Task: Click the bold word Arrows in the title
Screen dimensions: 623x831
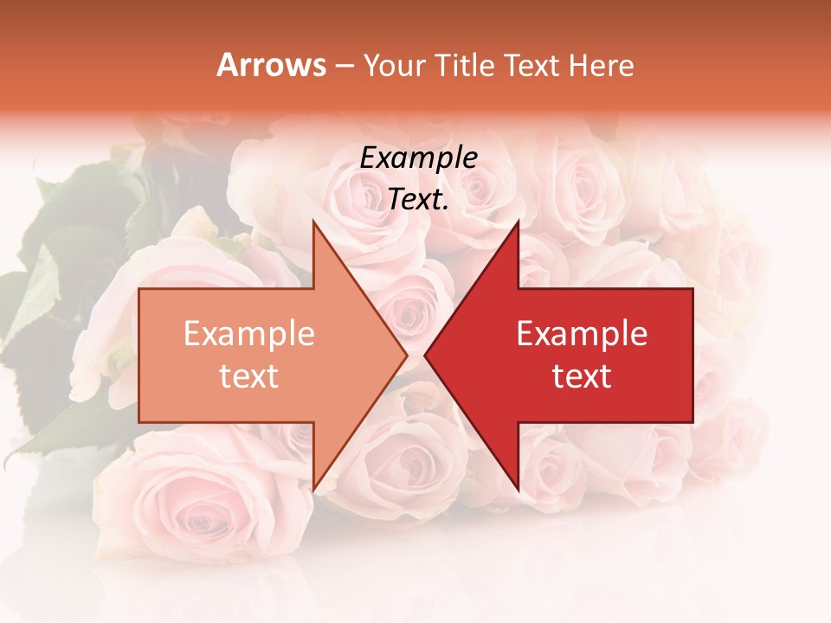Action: (x=272, y=65)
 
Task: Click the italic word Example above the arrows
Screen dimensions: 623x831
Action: (x=418, y=158)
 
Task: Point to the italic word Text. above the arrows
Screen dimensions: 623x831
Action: (x=418, y=200)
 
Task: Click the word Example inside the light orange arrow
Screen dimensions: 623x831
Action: (x=249, y=334)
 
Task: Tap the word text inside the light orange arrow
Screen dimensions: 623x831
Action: (x=249, y=376)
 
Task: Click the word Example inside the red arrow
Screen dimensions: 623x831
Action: (x=582, y=334)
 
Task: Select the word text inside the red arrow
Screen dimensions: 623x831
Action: (x=582, y=376)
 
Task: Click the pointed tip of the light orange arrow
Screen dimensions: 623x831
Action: (x=407, y=356)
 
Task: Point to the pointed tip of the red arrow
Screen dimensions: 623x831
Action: (x=425, y=356)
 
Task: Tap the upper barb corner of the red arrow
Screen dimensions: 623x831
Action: (x=518, y=222)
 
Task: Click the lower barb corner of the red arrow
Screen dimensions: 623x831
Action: (x=518, y=490)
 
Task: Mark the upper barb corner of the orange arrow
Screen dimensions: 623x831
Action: (x=313, y=222)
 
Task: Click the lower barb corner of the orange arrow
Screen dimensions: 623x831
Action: (x=313, y=490)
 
